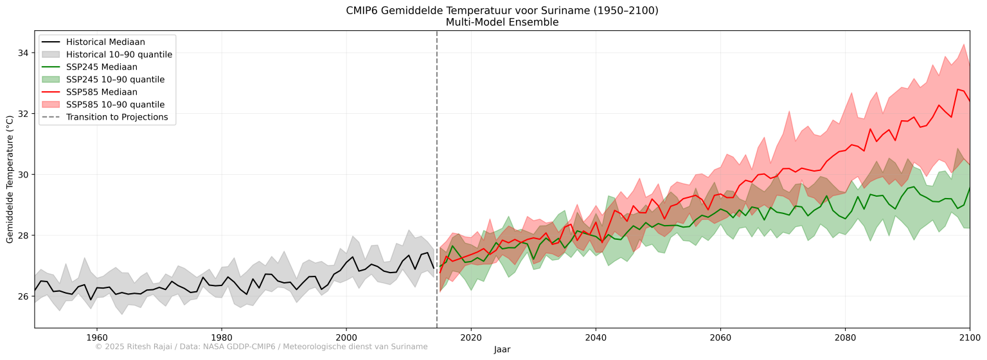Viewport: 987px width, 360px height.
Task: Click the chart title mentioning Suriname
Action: pos(502,10)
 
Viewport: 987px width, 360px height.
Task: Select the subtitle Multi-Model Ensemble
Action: pos(502,22)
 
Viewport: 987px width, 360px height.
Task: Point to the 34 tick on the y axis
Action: pos(24,53)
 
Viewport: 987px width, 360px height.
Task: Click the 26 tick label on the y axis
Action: pos(24,296)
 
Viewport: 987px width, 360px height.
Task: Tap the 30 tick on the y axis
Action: pos(24,175)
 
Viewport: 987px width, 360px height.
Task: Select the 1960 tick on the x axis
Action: pos(96,336)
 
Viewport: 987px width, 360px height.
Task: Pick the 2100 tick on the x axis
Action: pos(970,336)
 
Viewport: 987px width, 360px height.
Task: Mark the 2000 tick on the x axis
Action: pos(346,336)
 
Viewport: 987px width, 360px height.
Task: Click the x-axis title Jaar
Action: pos(502,350)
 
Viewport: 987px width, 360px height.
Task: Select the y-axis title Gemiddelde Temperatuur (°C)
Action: pos(10,179)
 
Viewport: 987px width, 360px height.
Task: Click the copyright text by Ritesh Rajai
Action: pos(261,346)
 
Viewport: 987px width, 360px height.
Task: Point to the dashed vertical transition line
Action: pos(437,193)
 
